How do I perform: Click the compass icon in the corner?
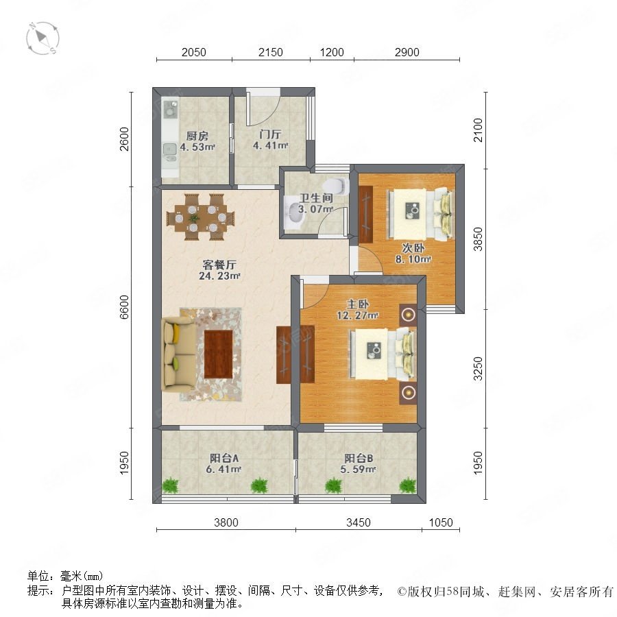(43, 38)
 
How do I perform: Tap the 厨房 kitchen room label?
(197, 136)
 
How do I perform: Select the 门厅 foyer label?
(270, 134)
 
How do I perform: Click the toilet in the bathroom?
(336, 185)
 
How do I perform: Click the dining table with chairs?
(201, 217)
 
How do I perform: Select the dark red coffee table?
(219, 354)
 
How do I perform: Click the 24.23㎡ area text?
(219, 276)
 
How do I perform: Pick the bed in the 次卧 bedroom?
(420, 215)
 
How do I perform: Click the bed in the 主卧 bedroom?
(383, 354)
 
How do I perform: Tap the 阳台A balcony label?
(224, 459)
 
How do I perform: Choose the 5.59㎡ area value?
(358, 470)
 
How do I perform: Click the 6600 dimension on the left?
(124, 307)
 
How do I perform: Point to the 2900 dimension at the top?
(407, 52)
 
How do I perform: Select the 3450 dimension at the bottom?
(359, 522)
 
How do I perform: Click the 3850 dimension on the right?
(478, 239)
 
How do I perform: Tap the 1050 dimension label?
(441, 522)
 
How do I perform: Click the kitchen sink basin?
(170, 149)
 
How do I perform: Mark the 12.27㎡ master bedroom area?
(358, 315)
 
